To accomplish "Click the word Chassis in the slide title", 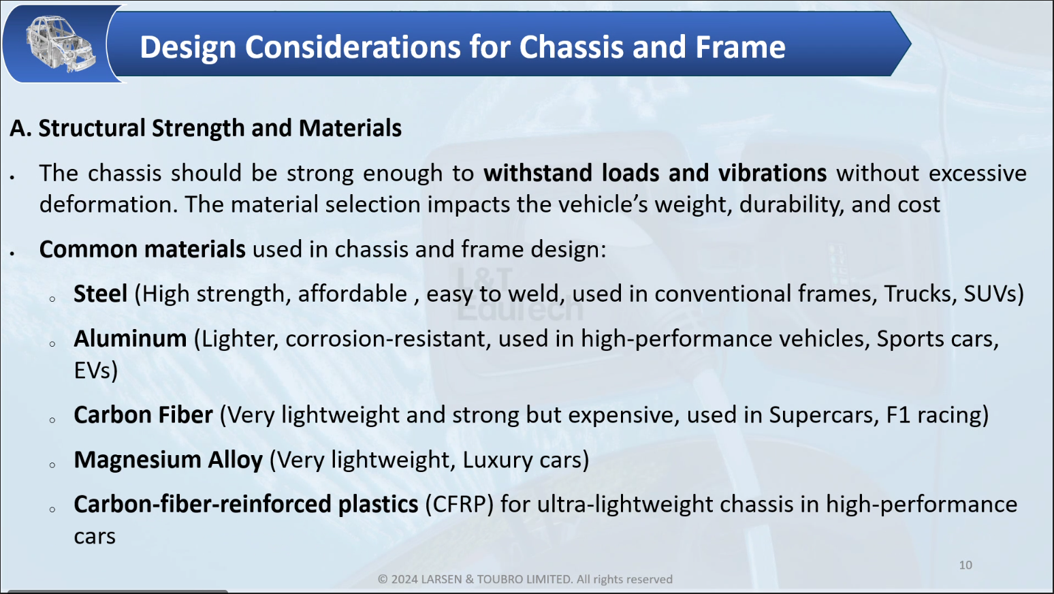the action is [571, 47].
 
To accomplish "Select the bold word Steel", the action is [100, 294].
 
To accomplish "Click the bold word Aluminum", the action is [130, 339].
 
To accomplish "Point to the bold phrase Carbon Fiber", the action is [143, 415].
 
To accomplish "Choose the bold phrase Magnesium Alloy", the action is [168, 460].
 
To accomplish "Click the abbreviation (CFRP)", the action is [459, 505].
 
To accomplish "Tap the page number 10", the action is [965, 565].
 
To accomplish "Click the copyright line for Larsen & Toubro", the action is [525, 579].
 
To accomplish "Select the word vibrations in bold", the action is [772, 173].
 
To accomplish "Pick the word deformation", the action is [108, 204].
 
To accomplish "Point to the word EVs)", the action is [95, 371].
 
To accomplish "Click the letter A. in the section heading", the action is [20, 128].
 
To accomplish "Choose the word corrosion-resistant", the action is [387, 339].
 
